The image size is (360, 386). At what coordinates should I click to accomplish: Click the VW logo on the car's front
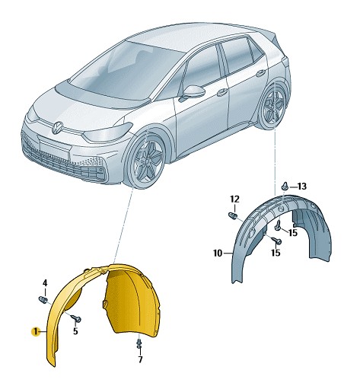pos(58,127)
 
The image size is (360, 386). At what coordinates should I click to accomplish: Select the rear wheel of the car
pos(273,107)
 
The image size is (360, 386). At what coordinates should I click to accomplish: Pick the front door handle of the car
pos(222,91)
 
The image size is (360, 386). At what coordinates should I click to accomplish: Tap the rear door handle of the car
pos(261,73)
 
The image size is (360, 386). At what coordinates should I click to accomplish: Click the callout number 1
pos(35,331)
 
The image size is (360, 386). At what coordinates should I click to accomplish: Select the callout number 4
pos(45,282)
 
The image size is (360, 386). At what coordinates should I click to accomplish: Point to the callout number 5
pos(75,331)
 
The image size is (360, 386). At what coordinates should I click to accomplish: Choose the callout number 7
pos(140,359)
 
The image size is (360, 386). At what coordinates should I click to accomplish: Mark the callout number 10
pos(218,254)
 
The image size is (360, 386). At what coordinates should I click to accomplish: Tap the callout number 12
pos(235,199)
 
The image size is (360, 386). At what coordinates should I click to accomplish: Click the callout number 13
pos(302,187)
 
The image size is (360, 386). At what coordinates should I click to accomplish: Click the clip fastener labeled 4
pos(43,299)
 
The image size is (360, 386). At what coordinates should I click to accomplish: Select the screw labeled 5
pos(76,317)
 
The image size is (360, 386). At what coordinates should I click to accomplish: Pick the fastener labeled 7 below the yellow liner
pos(139,344)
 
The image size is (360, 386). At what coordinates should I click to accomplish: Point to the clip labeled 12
pos(233,215)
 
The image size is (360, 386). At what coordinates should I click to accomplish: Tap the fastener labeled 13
pos(285,186)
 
